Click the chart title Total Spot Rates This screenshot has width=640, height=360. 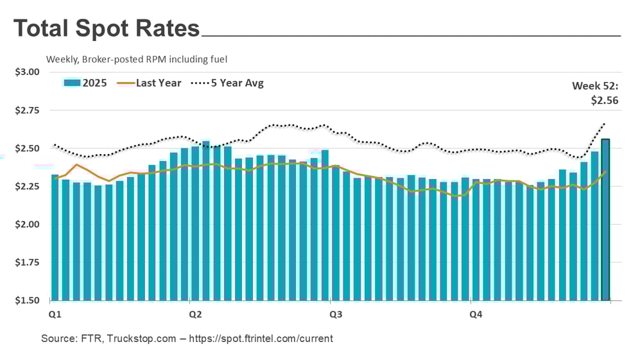click(x=107, y=29)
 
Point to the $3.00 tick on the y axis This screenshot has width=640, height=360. click(x=27, y=72)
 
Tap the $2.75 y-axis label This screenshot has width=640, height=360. click(x=27, y=110)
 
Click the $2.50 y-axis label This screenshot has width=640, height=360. click(x=27, y=148)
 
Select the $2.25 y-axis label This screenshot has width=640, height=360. click(x=27, y=187)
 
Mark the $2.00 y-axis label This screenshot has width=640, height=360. click(x=27, y=225)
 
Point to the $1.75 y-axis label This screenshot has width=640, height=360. click(x=27, y=262)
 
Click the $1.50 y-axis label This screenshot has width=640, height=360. click(x=27, y=300)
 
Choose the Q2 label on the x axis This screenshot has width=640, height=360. click(x=195, y=314)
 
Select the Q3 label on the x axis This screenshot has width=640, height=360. click(x=335, y=314)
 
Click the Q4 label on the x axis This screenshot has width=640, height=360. click(x=476, y=314)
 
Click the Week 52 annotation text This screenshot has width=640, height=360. click(x=595, y=93)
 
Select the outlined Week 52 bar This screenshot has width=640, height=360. click(x=605, y=219)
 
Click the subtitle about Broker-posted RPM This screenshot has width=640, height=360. click(x=137, y=59)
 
